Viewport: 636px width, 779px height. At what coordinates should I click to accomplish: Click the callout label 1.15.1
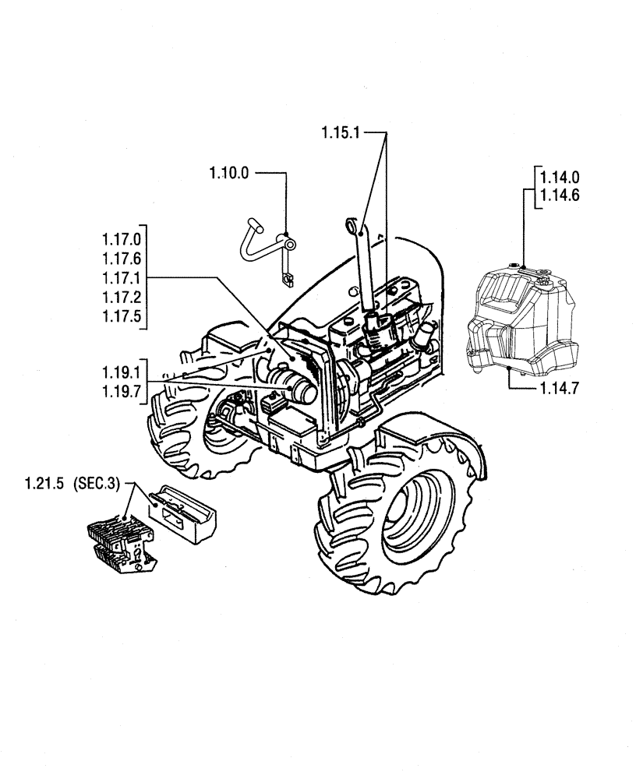(341, 133)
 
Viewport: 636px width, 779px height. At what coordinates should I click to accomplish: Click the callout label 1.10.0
(229, 173)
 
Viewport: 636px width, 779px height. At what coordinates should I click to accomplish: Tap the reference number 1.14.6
(560, 197)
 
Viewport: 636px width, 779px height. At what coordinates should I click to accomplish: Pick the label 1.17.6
(121, 259)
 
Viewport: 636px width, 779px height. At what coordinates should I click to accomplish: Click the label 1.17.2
(121, 298)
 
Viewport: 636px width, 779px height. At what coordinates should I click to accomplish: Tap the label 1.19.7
(121, 392)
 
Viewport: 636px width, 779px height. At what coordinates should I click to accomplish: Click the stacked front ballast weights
(121, 541)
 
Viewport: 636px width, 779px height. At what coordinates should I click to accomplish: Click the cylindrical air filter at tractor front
(295, 388)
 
